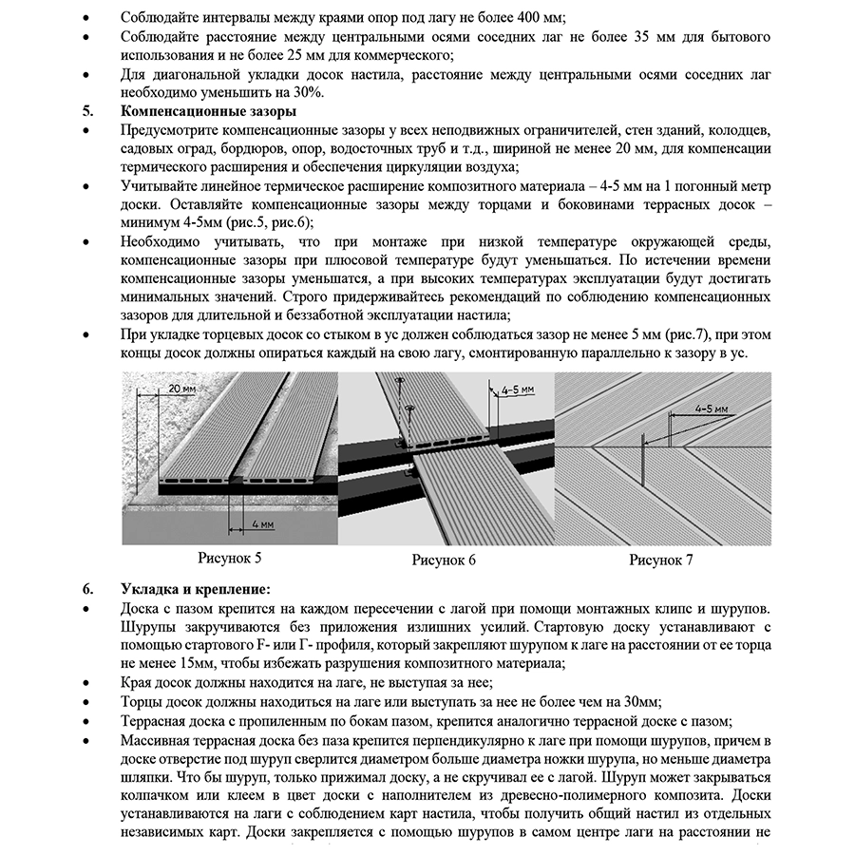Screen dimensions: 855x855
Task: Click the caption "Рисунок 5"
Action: pos(230,558)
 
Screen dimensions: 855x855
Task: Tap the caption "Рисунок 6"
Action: pos(444,560)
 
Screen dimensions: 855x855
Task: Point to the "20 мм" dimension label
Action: pos(181,389)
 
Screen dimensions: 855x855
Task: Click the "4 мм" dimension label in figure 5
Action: pos(264,523)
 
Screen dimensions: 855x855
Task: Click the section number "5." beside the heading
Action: pos(88,110)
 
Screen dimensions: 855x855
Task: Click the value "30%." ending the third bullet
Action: pos(308,92)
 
